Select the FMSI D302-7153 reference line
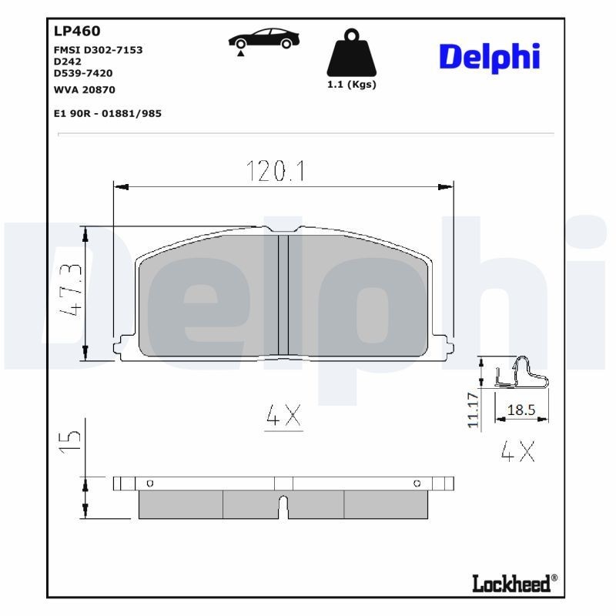98,49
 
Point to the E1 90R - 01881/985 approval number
107,113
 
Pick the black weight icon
351,52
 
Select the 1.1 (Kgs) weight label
352,85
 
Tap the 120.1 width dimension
276,171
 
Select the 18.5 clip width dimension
521,410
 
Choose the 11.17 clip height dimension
474,410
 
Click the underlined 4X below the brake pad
283,417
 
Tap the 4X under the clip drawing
517,452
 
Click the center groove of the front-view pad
283,294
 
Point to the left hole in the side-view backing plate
149,483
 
